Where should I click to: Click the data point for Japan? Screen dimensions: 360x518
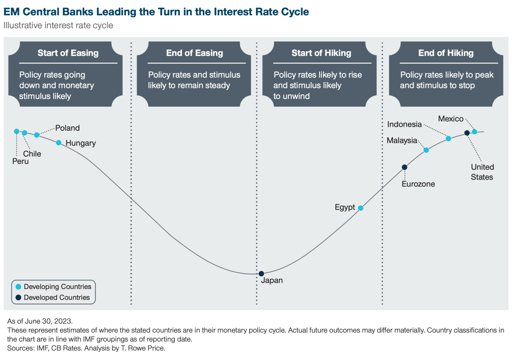(261, 274)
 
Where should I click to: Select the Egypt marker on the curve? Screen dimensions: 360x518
(361, 208)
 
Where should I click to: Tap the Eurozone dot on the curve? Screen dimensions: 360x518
(404, 167)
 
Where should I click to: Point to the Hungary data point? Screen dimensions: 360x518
(59, 143)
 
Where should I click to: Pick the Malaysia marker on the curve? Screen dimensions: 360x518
(426, 150)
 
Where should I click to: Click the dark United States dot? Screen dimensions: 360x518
(467, 133)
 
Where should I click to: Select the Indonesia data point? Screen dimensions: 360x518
(448, 139)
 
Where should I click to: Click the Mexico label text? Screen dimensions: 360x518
(451, 119)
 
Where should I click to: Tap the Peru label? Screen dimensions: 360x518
(20, 161)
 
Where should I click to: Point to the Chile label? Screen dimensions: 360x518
(32, 154)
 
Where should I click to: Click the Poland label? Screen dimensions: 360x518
(67, 128)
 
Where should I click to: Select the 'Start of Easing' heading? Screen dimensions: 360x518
(68, 53)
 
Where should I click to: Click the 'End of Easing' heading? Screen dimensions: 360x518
(195, 53)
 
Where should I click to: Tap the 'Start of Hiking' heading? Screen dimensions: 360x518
(321, 53)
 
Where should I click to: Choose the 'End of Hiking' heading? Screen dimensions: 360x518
(446, 53)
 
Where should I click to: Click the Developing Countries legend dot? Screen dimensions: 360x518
(18, 287)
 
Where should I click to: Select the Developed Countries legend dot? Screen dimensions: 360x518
(18, 297)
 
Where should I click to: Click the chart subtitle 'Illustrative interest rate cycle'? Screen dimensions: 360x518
(58, 25)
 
